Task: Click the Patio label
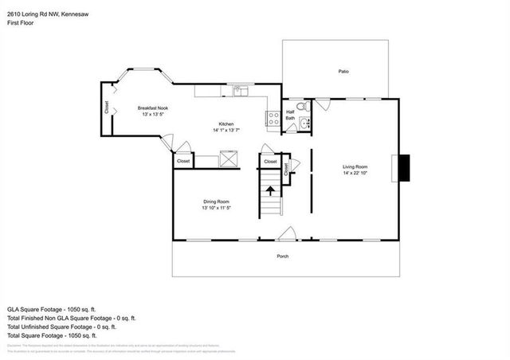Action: [x=343, y=72]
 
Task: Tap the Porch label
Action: [x=283, y=256]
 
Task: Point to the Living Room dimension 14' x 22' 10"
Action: [x=355, y=173]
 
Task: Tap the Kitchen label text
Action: [x=226, y=124]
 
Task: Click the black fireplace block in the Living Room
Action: [x=405, y=166]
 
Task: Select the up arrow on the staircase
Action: [x=270, y=191]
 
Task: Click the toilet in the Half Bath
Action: [x=301, y=106]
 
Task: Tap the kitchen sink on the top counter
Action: [x=241, y=91]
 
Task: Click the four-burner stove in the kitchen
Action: [x=273, y=119]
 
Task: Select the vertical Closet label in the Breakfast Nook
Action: [x=107, y=107]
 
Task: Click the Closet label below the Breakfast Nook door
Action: [x=183, y=161]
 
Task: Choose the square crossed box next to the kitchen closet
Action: [x=229, y=160]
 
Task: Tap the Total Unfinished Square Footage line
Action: [x=62, y=327]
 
